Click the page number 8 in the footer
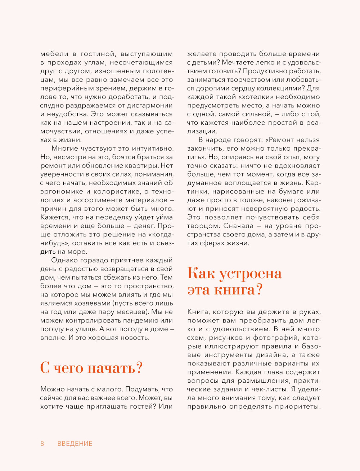pos(42,444)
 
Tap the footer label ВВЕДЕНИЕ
pos(75,444)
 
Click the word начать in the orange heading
pos(112,368)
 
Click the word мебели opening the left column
pos(54,54)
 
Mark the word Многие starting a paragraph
pos(65,148)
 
